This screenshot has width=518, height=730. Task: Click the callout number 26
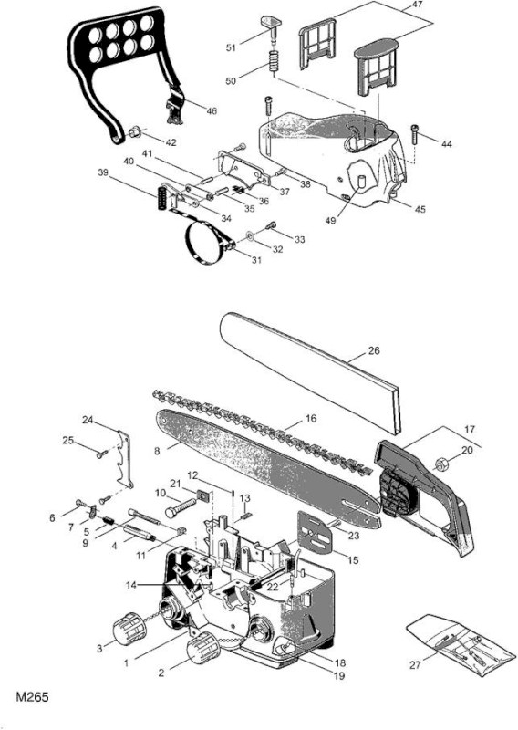click(374, 350)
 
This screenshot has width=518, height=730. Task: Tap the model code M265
click(32, 697)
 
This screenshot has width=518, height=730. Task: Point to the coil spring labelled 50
click(275, 60)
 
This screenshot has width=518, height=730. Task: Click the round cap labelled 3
click(129, 629)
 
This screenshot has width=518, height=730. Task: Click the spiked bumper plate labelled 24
click(124, 460)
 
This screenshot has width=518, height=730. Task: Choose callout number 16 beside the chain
click(310, 418)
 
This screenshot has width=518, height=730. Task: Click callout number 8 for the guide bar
click(157, 451)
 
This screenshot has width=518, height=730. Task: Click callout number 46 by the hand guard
click(212, 110)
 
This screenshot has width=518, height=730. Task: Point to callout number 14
click(131, 585)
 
